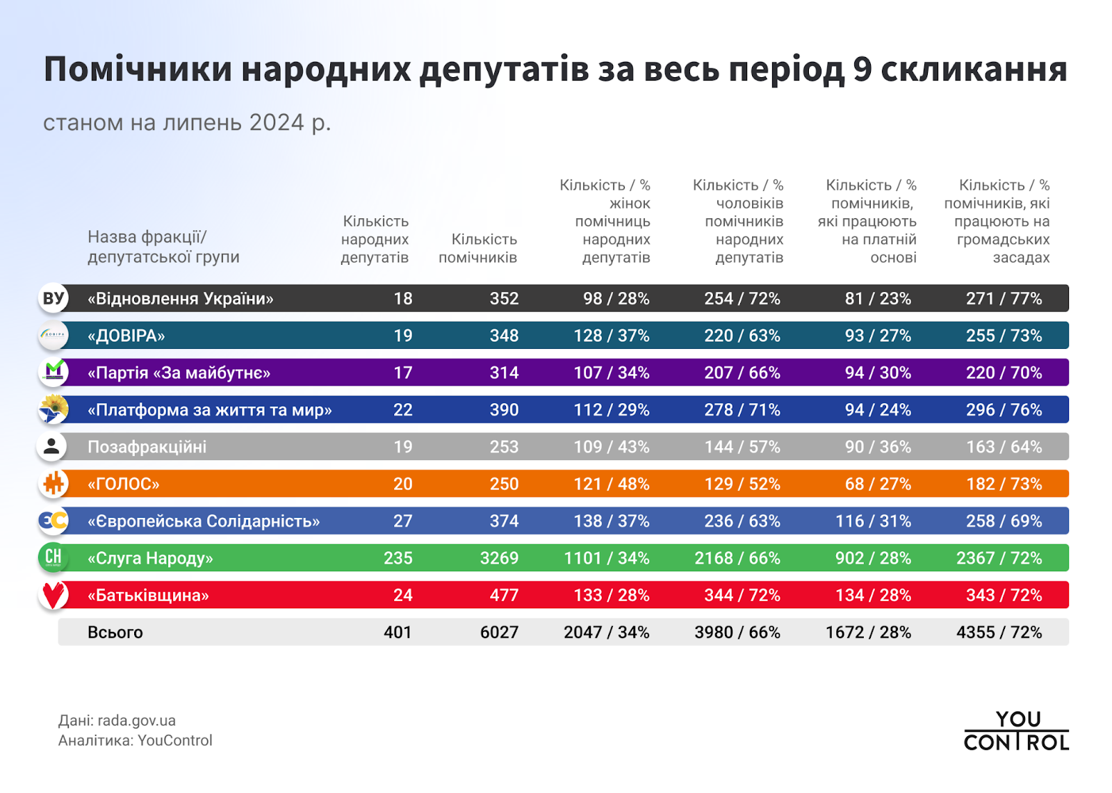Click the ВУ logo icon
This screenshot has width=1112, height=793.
point(53,298)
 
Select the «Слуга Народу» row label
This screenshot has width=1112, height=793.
point(150,558)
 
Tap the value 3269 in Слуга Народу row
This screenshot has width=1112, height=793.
point(499,558)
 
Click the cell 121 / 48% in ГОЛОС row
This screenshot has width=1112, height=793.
point(611,484)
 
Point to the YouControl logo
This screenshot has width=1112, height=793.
point(1015,731)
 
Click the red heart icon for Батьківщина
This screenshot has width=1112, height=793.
point(53,595)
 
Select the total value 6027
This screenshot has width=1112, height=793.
point(499,632)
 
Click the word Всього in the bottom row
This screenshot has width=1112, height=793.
point(115,632)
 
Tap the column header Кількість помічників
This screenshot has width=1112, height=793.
point(478,248)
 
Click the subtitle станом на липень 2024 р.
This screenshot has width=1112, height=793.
point(187,122)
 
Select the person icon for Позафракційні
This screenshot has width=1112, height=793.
point(52,447)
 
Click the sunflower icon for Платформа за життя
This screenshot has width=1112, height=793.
point(53,409)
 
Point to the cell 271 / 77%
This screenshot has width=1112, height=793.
point(1004,298)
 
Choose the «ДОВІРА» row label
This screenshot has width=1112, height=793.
point(126,336)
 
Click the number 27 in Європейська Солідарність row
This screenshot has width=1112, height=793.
point(402,521)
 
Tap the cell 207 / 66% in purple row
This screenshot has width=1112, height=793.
point(742,373)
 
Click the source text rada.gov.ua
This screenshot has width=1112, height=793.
point(136,721)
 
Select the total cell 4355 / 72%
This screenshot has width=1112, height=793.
point(999,632)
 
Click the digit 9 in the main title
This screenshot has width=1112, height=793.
point(862,70)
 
